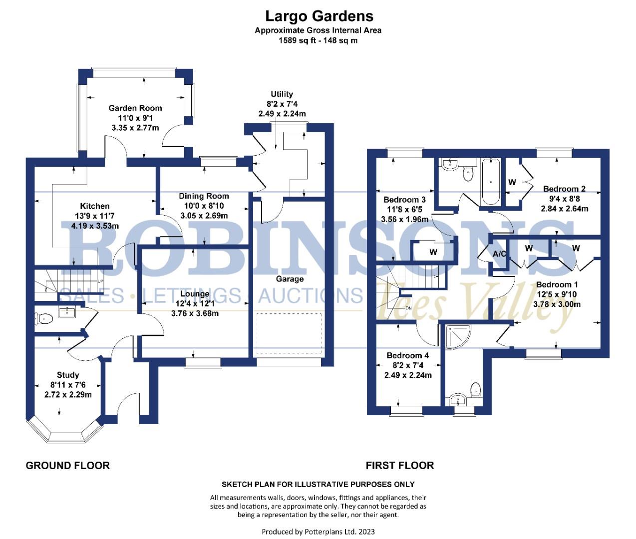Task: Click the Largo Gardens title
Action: (319, 16)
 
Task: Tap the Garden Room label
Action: (135, 108)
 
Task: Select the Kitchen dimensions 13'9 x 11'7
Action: (95, 216)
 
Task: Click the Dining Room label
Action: (204, 196)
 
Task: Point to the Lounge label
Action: (195, 294)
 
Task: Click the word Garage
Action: (290, 279)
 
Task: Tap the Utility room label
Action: (282, 94)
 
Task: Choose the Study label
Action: (68, 375)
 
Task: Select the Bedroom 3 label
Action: (404, 200)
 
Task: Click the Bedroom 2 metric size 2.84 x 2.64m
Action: (565, 209)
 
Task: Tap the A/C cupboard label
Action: (499, 254)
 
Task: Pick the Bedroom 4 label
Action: (407, 355)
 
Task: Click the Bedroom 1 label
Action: (557, 284)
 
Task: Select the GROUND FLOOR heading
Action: (67, 466)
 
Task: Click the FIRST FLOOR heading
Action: (399, 466)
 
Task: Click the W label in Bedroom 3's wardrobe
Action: (433, 252)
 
